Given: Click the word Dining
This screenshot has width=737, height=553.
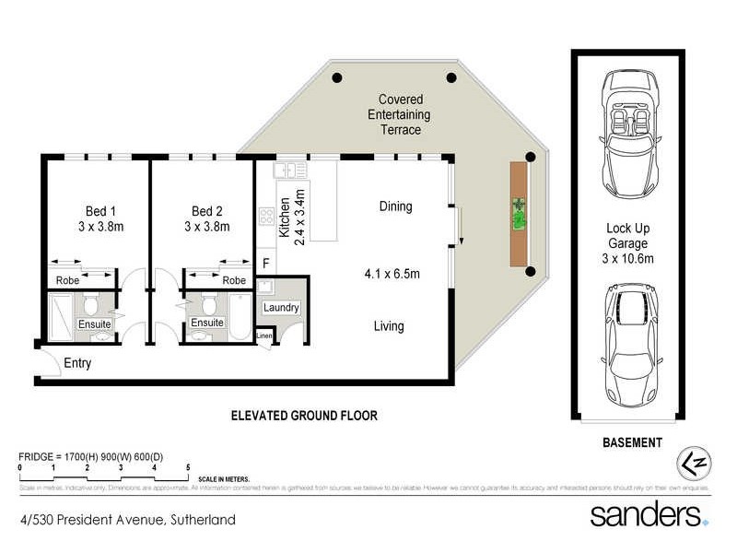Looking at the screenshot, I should (395, 206).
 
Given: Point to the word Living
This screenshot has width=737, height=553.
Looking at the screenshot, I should (388, 325).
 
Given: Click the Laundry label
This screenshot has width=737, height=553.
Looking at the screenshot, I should (281, 308).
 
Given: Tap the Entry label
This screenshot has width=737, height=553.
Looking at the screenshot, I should (77, 363).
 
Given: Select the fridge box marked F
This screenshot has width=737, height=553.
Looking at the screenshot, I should (266, 264).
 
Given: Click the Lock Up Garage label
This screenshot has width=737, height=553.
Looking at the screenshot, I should (629, 243).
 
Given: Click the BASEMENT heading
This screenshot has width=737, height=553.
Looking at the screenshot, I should (631, 442).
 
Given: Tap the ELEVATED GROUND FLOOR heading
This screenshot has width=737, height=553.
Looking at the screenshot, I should (303, 416).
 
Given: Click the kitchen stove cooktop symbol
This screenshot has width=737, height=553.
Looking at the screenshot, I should (265, 217).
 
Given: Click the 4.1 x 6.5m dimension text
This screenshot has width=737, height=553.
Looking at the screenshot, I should (392, 274).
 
